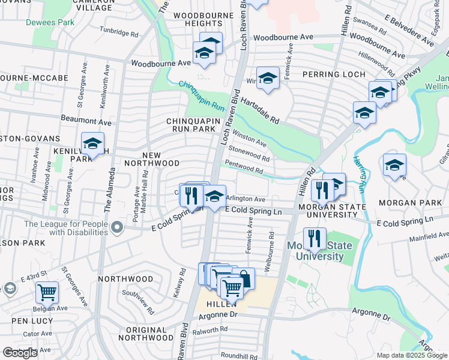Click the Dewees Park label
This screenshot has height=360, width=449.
point(50,22)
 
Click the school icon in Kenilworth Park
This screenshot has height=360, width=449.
point(92,144)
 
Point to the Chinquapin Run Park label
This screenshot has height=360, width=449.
point(190,125)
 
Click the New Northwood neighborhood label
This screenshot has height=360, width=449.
point(152,163)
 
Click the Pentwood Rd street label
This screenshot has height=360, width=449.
point(244,167)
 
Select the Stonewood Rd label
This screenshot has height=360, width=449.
point(249,154)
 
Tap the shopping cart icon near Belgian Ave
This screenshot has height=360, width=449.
point(47,292)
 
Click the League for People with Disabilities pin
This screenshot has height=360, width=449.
point(117,227)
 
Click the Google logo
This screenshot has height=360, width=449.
point(20,353)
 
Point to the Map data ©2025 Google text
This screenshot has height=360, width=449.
point(412,355)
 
